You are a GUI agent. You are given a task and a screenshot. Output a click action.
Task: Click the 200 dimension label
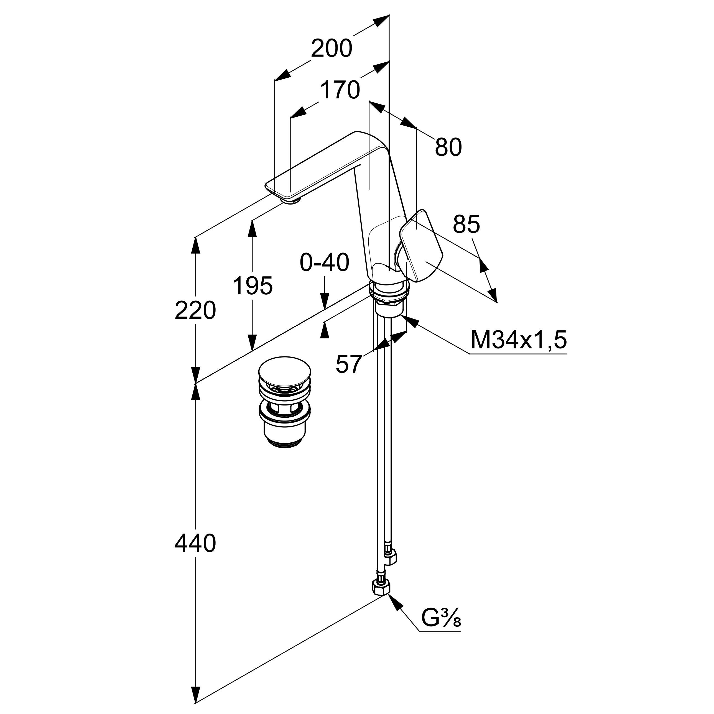click(x=331, y=49)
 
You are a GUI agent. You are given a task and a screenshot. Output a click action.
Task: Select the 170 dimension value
click(x=340, y=90)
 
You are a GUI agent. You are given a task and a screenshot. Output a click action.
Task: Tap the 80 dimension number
click(x=448, y=147)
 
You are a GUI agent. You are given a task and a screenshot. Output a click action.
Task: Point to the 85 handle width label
click(x=466, y=224)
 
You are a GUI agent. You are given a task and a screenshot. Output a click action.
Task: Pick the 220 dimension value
click(x=195, y=310)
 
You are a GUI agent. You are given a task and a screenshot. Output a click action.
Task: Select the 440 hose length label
click(x=195, y=544)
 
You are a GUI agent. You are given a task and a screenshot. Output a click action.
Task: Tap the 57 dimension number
click(x=348, y=364)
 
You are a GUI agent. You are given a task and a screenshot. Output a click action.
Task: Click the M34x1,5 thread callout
click(x=518, y=340)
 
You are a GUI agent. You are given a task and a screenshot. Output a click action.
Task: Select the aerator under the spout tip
click(x=292, y=200)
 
